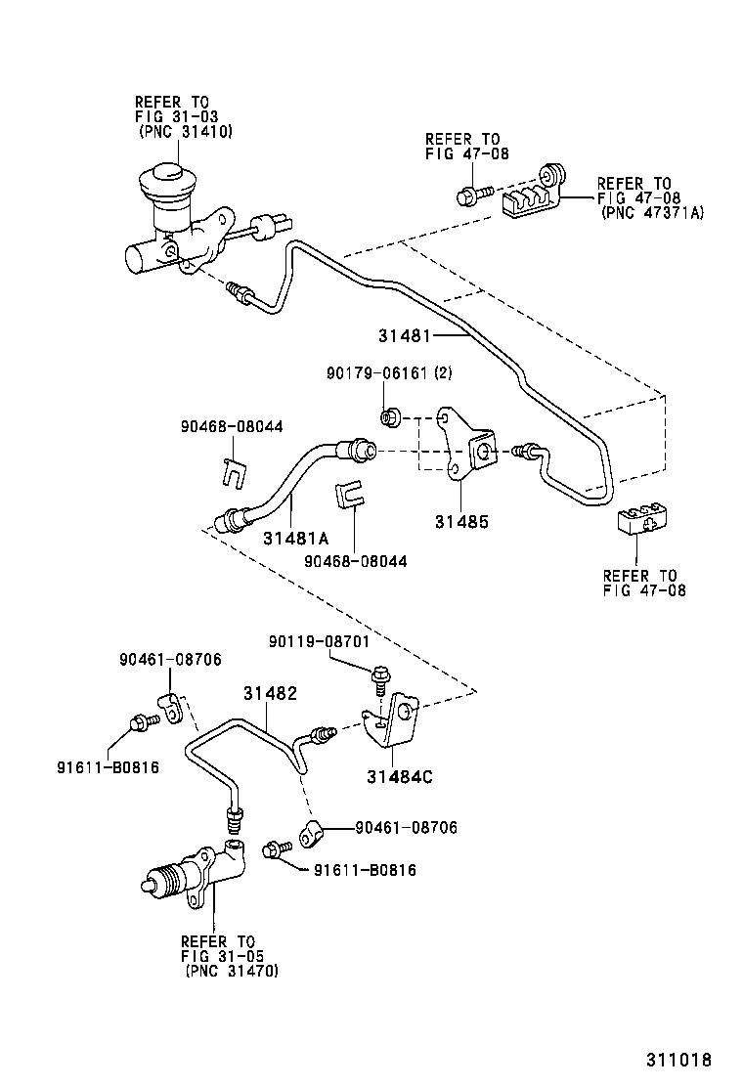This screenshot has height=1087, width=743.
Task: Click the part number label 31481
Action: (x=405, y=335)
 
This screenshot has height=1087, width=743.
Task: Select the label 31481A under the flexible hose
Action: (x=294, y=539)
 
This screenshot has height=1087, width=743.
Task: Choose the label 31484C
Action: (x=399, y=777)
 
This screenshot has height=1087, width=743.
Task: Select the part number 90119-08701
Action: (x=325, y=641)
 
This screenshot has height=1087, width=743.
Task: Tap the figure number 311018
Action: (x=677, y=1060)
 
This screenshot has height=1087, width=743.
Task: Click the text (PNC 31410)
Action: (x=185, y=132)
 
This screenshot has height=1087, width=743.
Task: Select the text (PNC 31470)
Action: (x=231, y=971)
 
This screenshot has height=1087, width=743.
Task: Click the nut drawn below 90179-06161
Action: (x=388, y=418)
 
